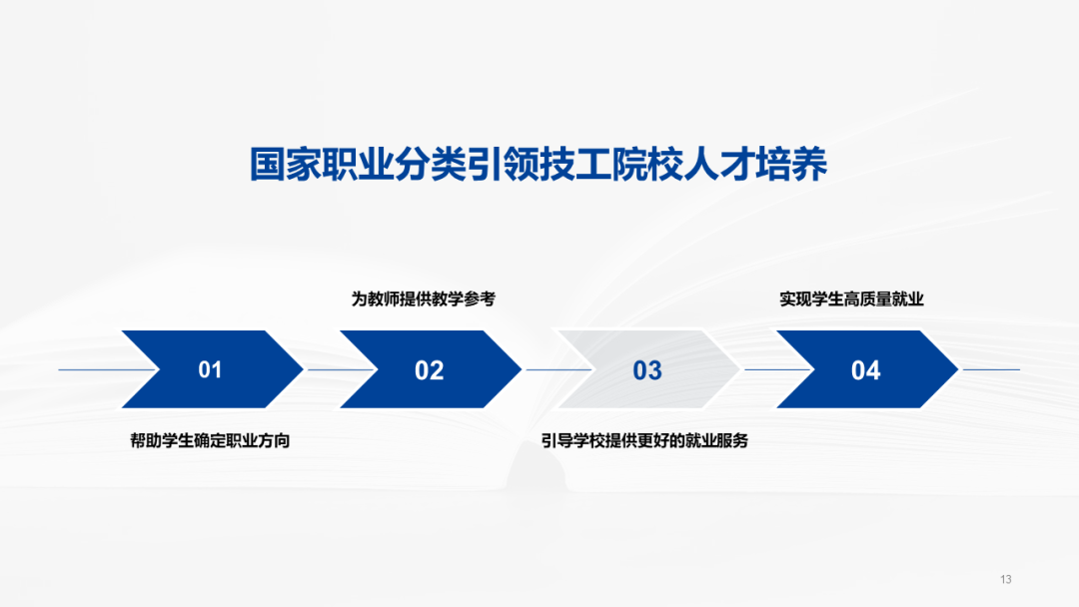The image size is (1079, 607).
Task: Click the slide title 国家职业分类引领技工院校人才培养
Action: pyautogui.click(x=539, y=166)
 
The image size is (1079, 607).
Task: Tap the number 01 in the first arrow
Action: pyautogui.click(x=210, y=370)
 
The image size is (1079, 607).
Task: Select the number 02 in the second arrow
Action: pyautogui.click(x=429, y=370)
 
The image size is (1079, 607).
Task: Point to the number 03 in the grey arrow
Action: pyautogui.click(x=647, y=370)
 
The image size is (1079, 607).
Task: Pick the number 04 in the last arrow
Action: pyautogui.click(x=865, y=370)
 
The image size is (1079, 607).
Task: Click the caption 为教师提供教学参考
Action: pyautogui.click(x=423, y=300)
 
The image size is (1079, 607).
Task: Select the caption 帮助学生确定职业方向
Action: pyautogui.click(x=210, y=440)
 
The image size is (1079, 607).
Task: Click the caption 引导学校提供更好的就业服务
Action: pyautogui.click(x=644, y=440)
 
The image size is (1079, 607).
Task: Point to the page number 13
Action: pyautogui.click(x=1005, y=580)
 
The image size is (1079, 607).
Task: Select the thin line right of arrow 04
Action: pyautogui.click(x=989, y=369)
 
